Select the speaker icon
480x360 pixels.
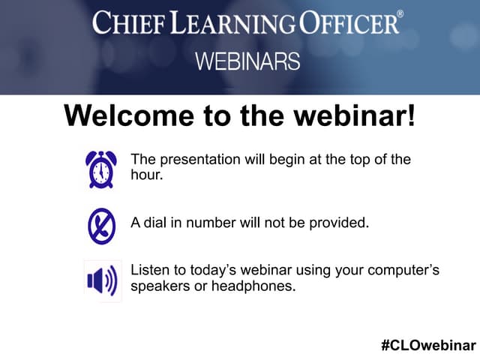[x=101, y=281]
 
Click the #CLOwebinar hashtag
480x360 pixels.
[x=428, y=345]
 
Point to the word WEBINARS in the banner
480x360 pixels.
[x=247, y=61]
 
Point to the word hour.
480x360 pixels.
[x=146, y=175]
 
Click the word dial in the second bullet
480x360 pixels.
[x=156, y=222]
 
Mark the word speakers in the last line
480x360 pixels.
[x=158, y=286]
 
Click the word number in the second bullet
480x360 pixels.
[x=211, y=222]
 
